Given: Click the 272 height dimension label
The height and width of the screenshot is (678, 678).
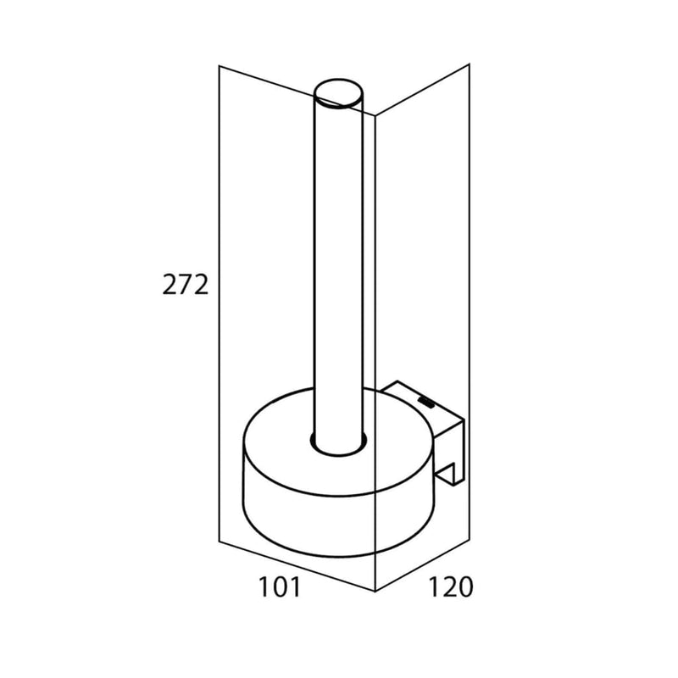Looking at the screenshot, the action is coord(185,285).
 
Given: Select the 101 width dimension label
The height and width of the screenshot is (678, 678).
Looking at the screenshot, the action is coord(279,587).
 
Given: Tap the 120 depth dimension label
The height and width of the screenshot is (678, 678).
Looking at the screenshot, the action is coord(450,586).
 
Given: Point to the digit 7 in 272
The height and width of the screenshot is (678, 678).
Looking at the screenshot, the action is coord(185,285).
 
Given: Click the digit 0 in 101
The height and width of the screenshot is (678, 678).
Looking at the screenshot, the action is coord(280,587).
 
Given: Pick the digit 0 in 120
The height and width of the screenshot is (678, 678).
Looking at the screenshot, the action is coord(464,586).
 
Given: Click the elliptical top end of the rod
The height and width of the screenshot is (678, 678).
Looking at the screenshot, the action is coord(338,93).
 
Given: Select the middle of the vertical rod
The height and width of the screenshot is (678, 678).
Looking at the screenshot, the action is coord(338,268).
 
